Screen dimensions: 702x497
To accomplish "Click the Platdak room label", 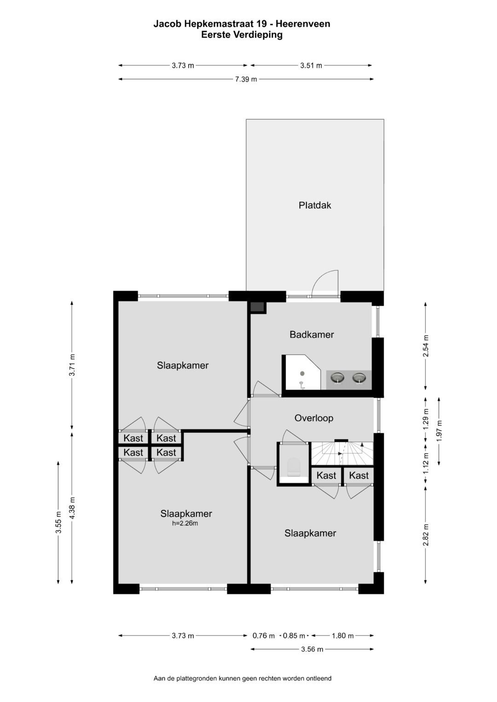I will coord(315,205).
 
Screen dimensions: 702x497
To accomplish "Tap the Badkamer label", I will coord(312,335).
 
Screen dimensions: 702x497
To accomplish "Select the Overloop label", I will coord(314,418).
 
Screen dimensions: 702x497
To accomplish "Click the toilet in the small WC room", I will coord(293,467).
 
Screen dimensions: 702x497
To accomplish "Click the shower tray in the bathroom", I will coord(301,373).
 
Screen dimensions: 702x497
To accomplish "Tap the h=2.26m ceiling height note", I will coord(185,523).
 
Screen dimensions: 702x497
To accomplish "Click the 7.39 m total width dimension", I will coord(246,79).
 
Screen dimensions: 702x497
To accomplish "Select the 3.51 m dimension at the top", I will coord(311,65).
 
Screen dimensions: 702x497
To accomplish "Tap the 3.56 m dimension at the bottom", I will coord(312,649).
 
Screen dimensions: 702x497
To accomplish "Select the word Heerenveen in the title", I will coord(303,24).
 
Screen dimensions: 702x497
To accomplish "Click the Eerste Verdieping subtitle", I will coord(242,34).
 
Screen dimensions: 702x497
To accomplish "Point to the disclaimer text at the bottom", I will coord(243,678).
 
